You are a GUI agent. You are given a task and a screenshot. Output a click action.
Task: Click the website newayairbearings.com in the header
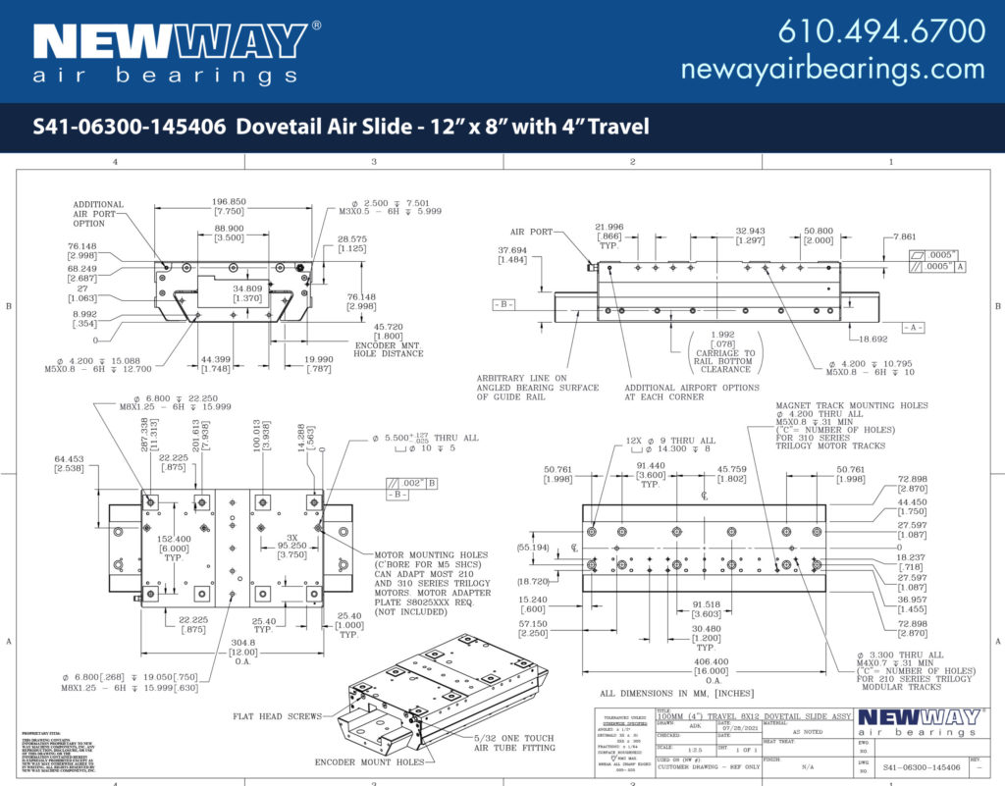pos(832,69)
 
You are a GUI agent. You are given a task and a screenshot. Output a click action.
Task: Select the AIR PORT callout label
pos(530,233)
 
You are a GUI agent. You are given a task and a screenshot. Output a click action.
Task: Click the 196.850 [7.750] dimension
pos(229,206)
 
